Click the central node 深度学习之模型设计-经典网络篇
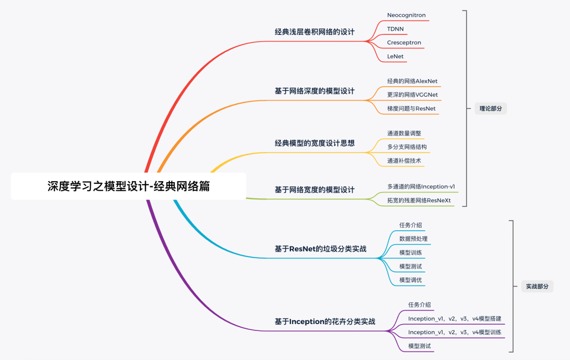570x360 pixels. tap(128, 186)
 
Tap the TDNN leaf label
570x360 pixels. tap(396, 29)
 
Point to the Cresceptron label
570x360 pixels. tap(404, 42)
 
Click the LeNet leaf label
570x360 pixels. tap(395, 56)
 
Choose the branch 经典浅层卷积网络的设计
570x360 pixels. tap(315, 32)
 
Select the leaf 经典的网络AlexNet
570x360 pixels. tap(412, 81)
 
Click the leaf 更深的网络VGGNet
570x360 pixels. tap(412, 95)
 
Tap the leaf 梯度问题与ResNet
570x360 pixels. tap(412, 109)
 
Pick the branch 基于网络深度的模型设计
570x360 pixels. tap(315, 91)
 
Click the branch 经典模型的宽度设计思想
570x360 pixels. tap(315, 143)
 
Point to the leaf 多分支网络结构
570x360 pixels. tap(407, 147)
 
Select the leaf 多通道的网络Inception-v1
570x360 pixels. tap(421, 186)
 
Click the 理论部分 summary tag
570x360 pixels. tap(490, 109)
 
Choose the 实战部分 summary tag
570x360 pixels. tap(537, 287)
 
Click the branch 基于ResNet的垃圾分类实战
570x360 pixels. tap(320, 249)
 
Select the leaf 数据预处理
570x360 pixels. tap(413, 239)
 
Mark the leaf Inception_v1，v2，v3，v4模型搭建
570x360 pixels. tap(454, 319)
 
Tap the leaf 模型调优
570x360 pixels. tap(411, 280)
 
